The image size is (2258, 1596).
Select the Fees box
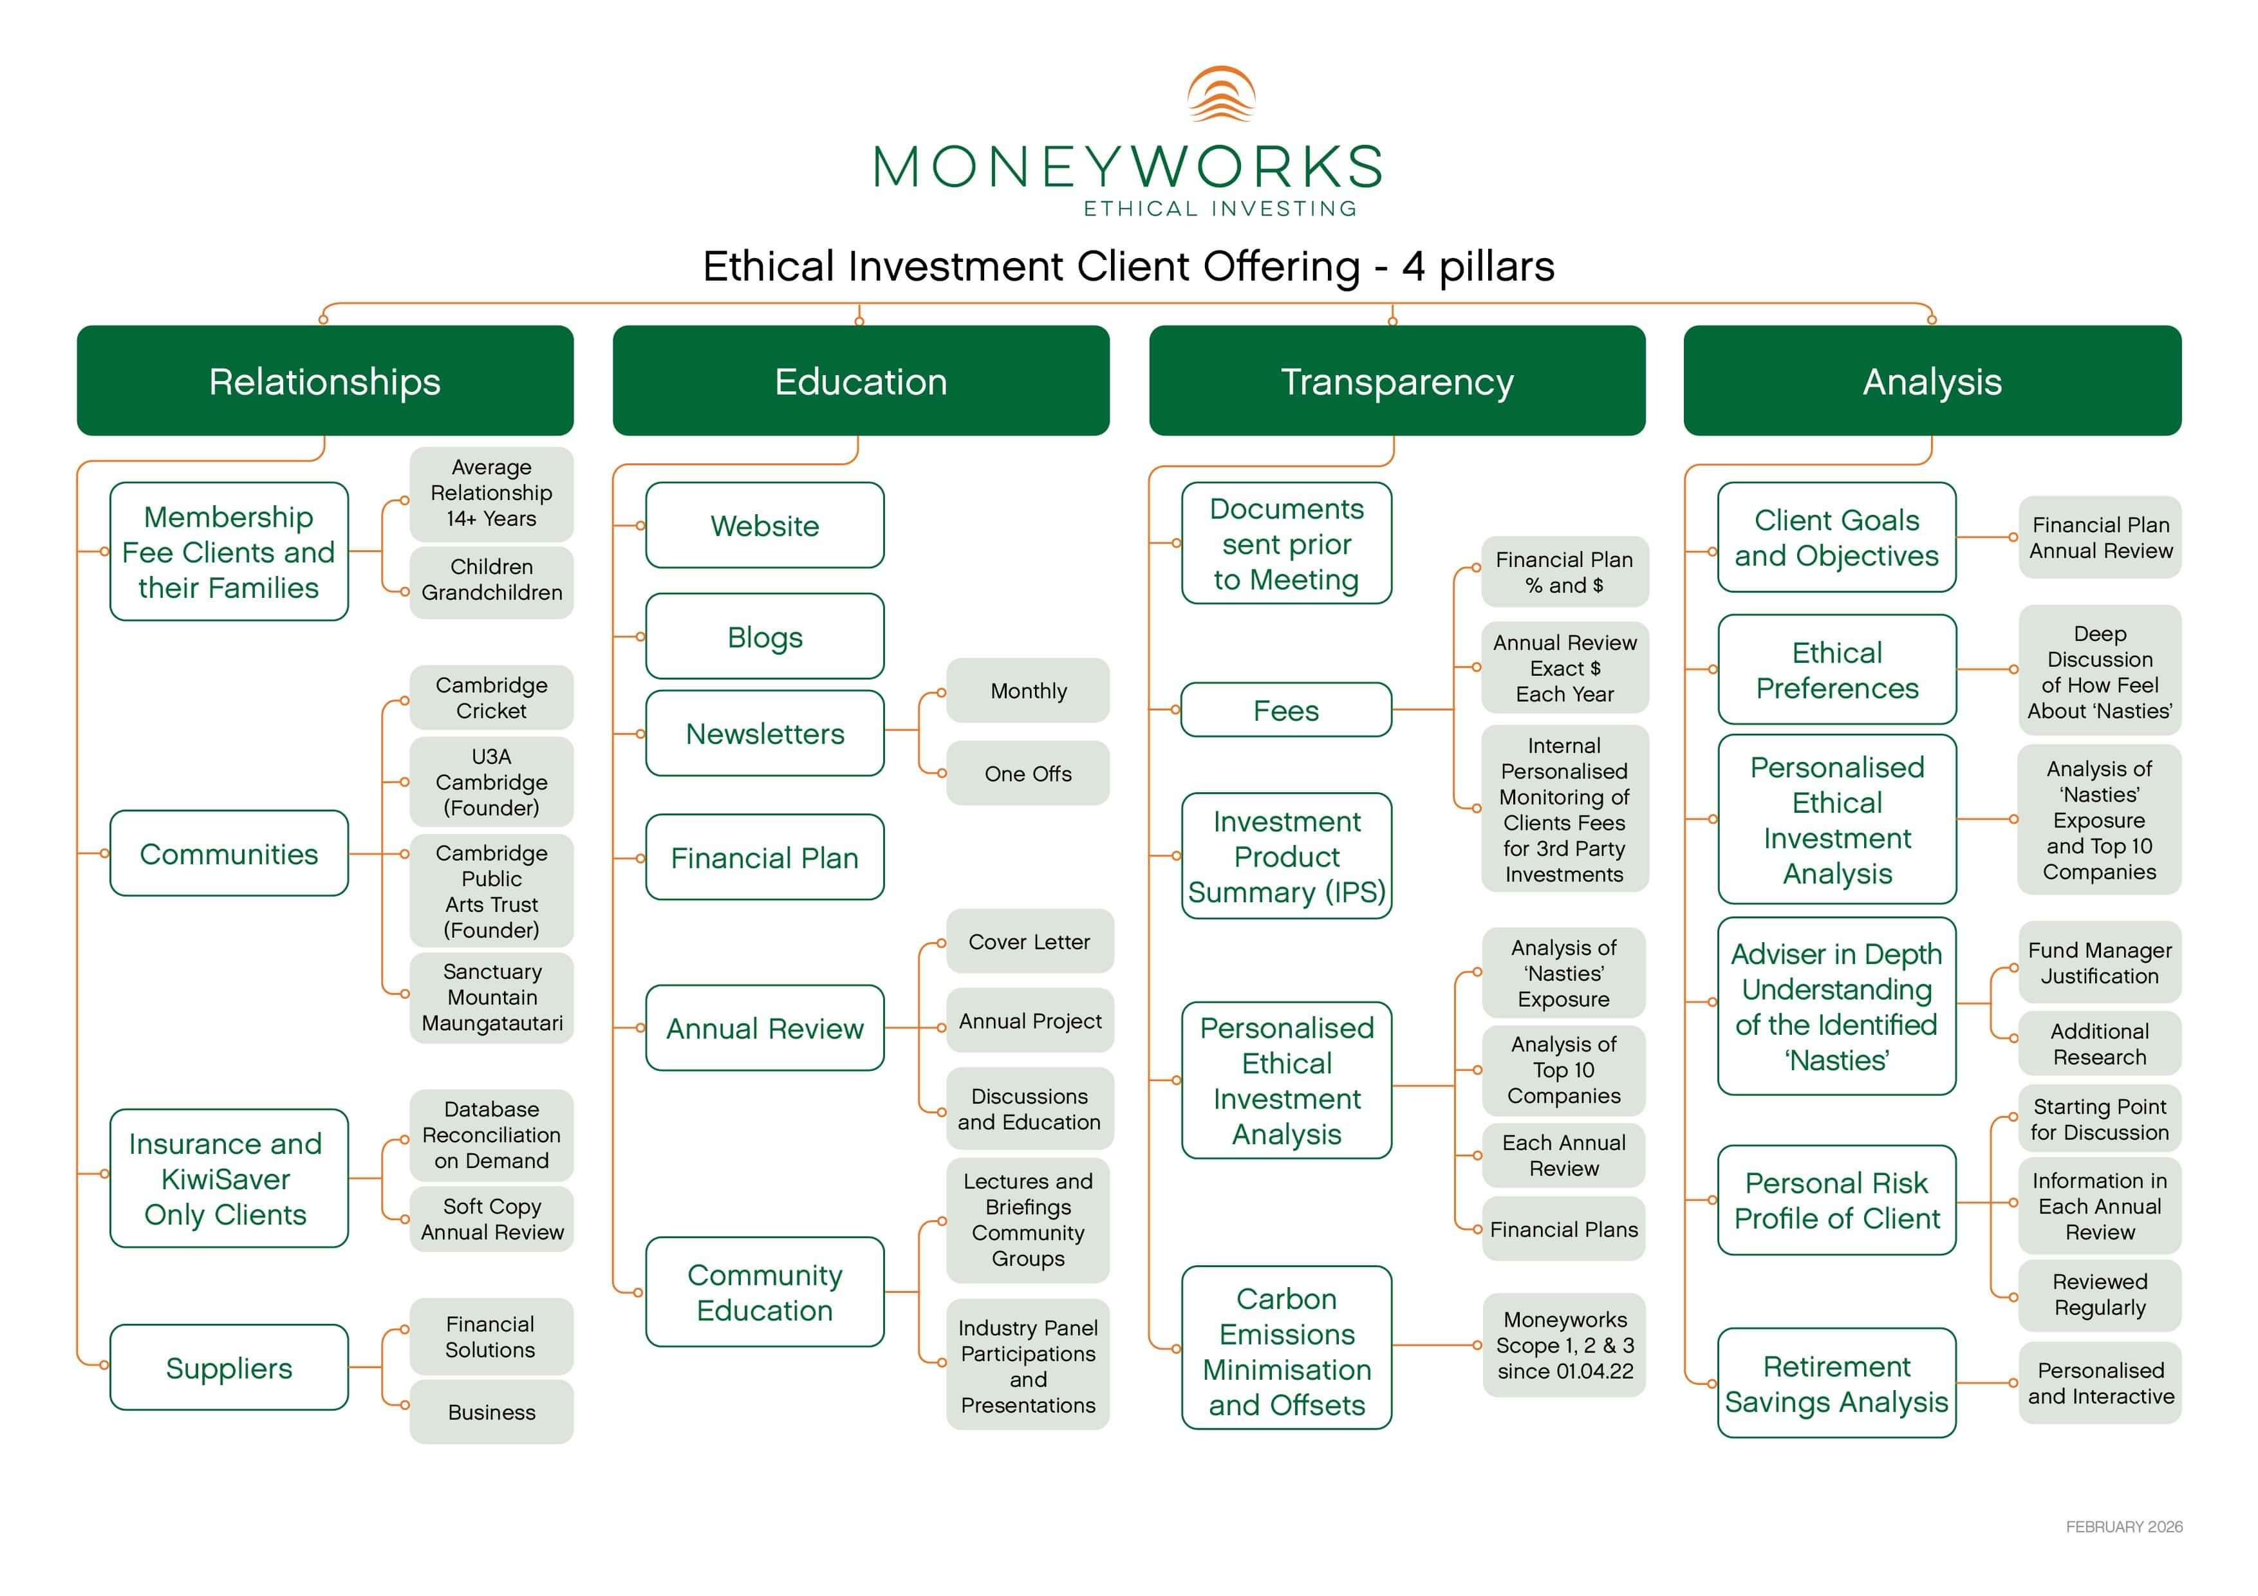click(x=1285, y=710)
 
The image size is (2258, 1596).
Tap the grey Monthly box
click(x=1028, y=691)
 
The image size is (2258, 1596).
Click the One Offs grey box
click(x=1028, y=774)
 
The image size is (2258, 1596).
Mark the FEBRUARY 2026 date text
click(x=2123, y=1527)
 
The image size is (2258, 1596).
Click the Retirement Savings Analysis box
click(x=1836, y=1384)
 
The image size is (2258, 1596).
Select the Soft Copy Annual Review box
click(x=492, y=1220)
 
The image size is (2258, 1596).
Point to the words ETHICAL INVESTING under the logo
click(x=1220, y=209)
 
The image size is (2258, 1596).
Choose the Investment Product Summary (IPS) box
click(x=1285, y=857)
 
